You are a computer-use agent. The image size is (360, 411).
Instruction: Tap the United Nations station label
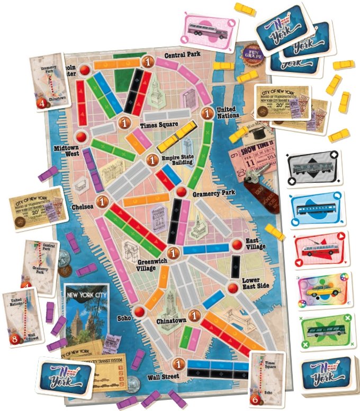[x=228, y=112]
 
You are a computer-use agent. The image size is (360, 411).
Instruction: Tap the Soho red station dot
[x=139, y=311]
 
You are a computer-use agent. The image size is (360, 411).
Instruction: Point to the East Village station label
[x=256, y=244]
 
